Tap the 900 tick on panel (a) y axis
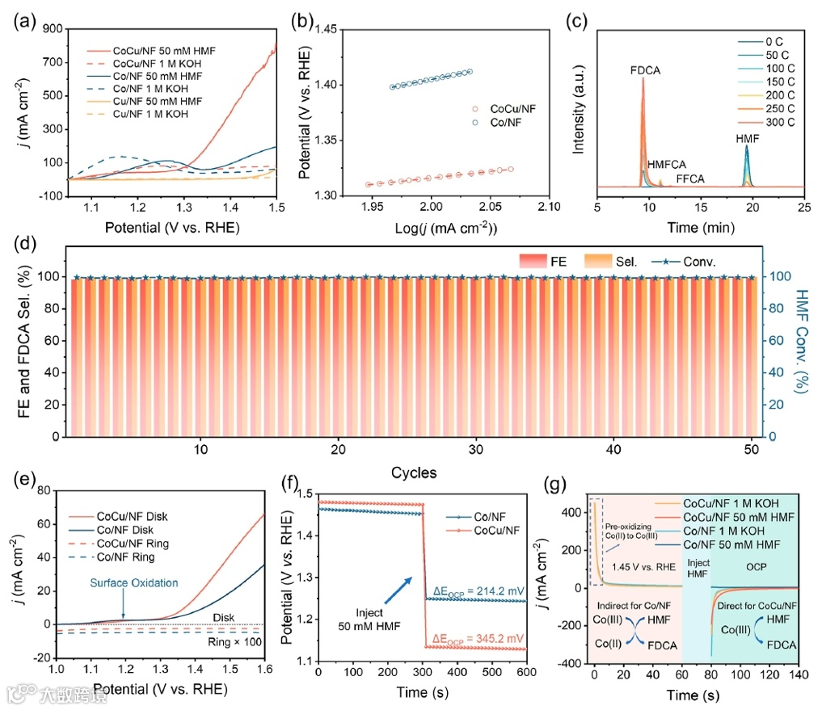point(53,28)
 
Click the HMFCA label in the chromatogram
point(665,163)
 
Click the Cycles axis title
point(414,472)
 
